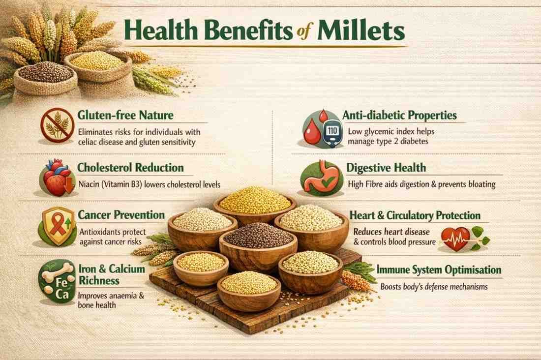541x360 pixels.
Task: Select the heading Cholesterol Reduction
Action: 130,168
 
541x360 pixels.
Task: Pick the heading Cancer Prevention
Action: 121,215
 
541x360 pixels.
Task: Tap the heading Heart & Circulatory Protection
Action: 415,215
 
